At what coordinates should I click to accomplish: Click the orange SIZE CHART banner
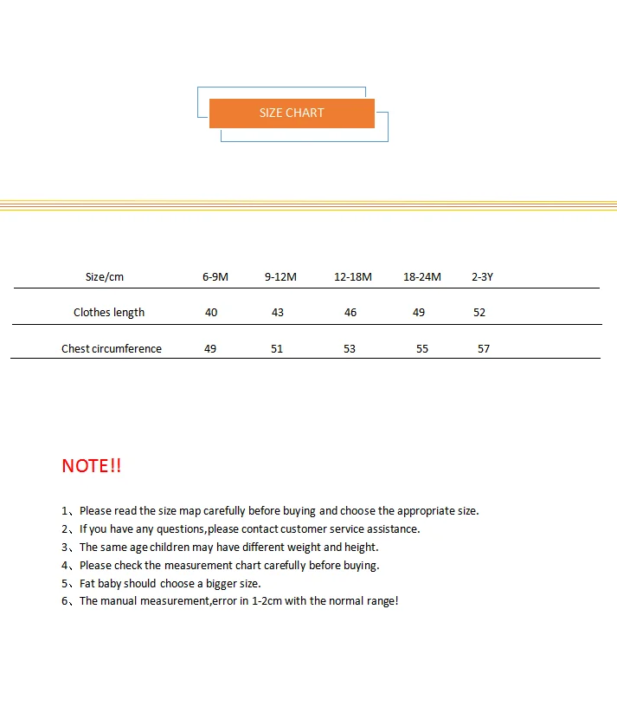(x=292, y=113)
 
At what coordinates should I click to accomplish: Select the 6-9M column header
(x=215, y=277)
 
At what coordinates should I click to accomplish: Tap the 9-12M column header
(x=280, y=277)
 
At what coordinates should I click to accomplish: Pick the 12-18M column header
(x=353, y=277)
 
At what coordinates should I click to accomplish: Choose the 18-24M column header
(x=422, y=277)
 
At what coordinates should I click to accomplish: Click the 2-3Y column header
(x=482, y=277)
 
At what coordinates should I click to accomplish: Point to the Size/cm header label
(x=105, y=277)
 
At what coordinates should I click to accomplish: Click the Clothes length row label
(x=109, y=313)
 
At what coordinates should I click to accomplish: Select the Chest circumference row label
(x=112, y=349)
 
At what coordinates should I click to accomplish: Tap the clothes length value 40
(x=211, y=313)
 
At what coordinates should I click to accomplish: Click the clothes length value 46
(x=350, y=313)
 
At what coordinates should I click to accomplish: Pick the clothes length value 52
(x=479, y=313)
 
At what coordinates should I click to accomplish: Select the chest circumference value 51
(x=277, y=349)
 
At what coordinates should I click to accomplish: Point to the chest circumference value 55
(x=422, y=349)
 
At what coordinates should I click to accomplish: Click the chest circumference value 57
(x=484, y=349)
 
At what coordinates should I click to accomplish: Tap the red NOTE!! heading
(x=92, y=466)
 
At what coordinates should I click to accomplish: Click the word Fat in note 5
(x=87, y=584)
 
